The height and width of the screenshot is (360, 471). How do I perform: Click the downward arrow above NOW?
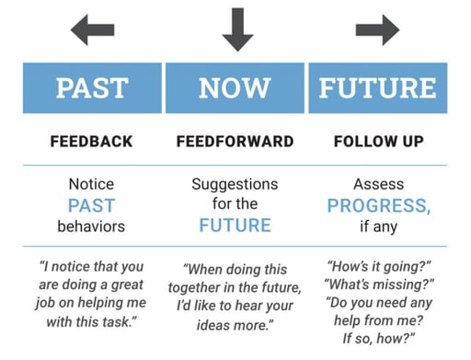point(236,29)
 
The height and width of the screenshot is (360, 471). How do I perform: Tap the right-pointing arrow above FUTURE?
point(377,29)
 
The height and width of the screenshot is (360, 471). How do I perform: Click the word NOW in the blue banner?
point(235,88)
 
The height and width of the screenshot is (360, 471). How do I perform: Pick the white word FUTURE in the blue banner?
point(377,88)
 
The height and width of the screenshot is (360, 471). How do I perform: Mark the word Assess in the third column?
point(377,184)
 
